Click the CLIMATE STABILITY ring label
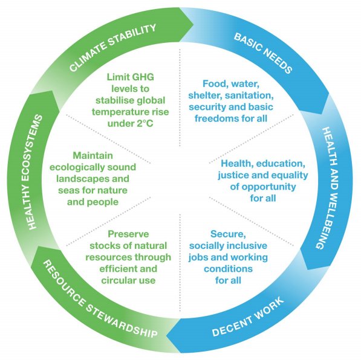112,48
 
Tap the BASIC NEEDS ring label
263,53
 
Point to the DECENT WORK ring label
248,318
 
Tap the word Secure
228,234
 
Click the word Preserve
128,234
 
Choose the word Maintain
93,155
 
